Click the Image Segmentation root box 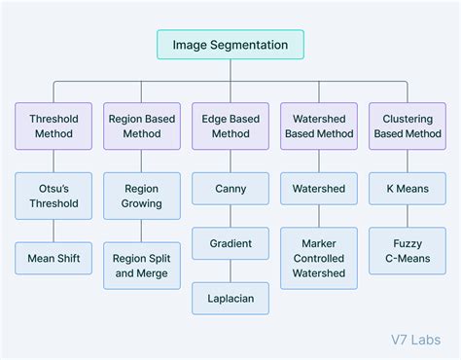click(x=230, y=45)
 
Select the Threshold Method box click(x=53, y=126)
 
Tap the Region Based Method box click(x=142, y=126)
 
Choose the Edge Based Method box click(x=230, y=126)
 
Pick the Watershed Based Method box click(x=319, y=126)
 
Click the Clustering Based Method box click(x=408, y=126)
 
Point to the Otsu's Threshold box click(x=53, y=196)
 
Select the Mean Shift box click(x=53, y=258)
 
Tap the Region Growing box click(x=142, y=196)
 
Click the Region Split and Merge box click(x=142, y=266)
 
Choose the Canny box click(x=230, y=189)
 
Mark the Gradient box click(x=230, y=243)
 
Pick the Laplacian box click(x=230, y=299)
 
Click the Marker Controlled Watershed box click(x=319, y=258)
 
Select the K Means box click(x=408, y=189)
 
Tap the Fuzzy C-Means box click(x=408, y=251)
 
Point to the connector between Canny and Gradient click(x=230, y=216)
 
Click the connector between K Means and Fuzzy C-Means click(x=408, y=216)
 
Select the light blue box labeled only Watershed click(x=319, y=189)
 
